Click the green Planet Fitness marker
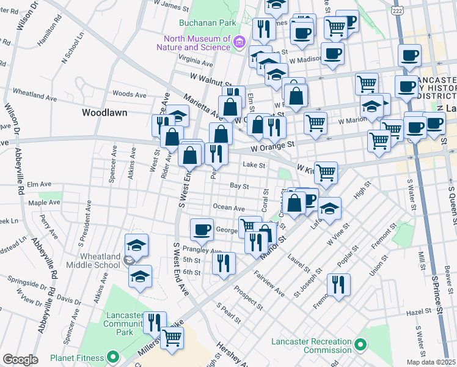[112, 356]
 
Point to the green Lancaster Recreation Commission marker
[360, 347]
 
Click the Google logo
[20, 359]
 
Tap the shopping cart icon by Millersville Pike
[173, 337]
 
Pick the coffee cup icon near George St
[202, 230]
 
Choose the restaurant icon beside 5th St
[224, 263]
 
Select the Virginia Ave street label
[196, 62]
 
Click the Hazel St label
[419, 312]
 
